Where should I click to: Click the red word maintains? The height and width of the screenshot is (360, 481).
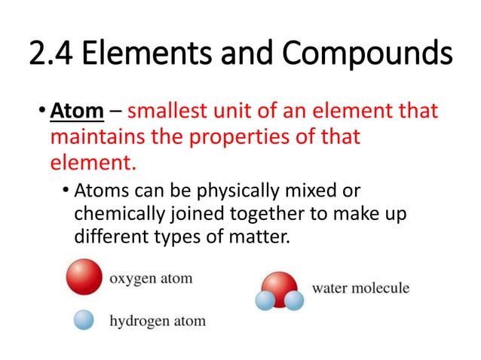point(94,139)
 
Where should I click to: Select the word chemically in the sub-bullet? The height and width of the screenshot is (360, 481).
point(114,215)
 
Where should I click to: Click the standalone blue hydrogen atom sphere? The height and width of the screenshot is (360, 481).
point(84,320)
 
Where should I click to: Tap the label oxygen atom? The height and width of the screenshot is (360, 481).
point(152,279)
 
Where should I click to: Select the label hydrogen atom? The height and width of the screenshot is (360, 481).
point(158,322)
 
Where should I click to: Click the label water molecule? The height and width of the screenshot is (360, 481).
point(360,288)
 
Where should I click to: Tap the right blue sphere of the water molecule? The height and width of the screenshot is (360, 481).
point(293,301)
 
